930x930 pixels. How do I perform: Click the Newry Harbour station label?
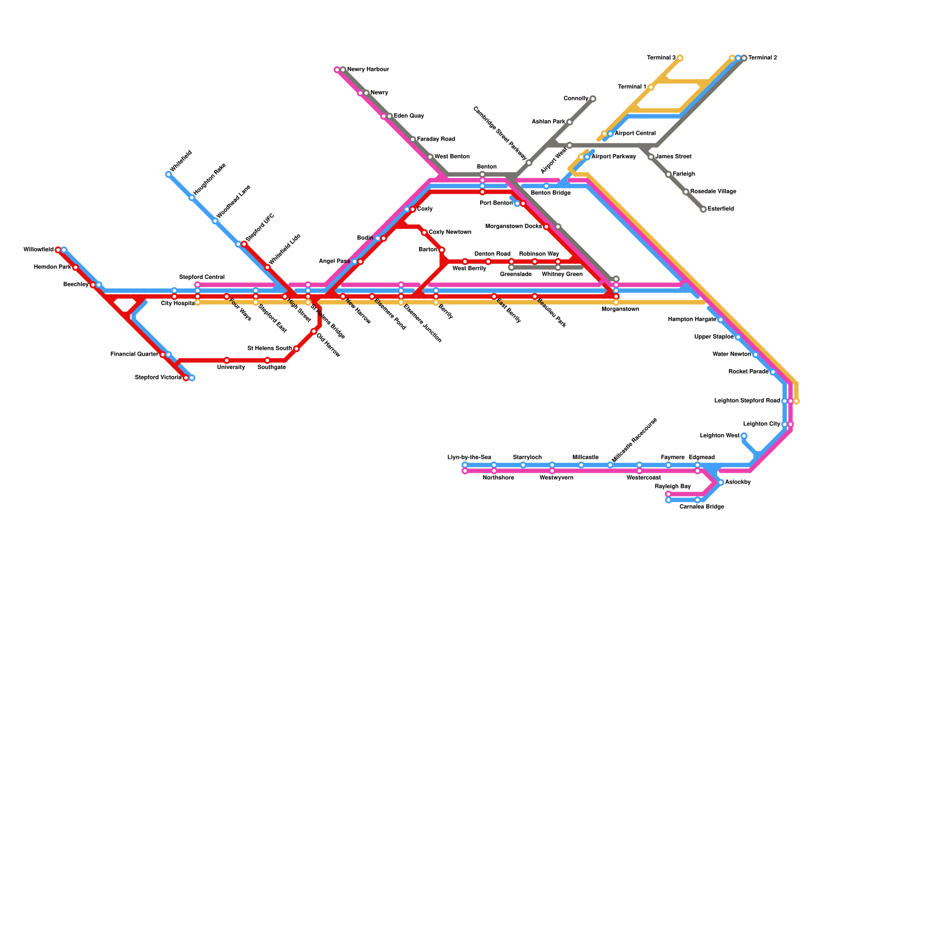[x=368, y=70]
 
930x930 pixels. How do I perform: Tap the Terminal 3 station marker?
[x=679, y=58]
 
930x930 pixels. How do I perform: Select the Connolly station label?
[x=575, y=99]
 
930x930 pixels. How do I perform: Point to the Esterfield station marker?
[x=703, y=209]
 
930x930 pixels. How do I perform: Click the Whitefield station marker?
[x=169, y=174]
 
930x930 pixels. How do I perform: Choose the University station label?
[x=231, y=367]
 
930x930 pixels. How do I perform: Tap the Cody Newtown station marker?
[x=424, y=233]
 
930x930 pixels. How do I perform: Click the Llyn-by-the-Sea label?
[x=469, y=457]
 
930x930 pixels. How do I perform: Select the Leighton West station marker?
[x=743, y=436]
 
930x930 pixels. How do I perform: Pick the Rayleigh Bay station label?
[x=673, y=486]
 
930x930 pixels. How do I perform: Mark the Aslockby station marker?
[x=720, y=482]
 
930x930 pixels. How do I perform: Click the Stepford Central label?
[x=201, y=277]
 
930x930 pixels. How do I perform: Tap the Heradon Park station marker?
[x=76, y=267]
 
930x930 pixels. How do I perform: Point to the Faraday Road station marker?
[x=413, y=139]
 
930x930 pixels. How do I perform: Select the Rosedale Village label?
[x=713, y=192]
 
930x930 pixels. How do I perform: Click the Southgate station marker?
[x=267, y=360]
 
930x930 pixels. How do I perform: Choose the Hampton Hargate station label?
[x=692, y=320]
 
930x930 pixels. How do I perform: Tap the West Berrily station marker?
[x=465, y=262]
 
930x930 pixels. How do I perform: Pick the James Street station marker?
[x=651, y=157]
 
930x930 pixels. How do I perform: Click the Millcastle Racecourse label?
[x=634, y=440]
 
